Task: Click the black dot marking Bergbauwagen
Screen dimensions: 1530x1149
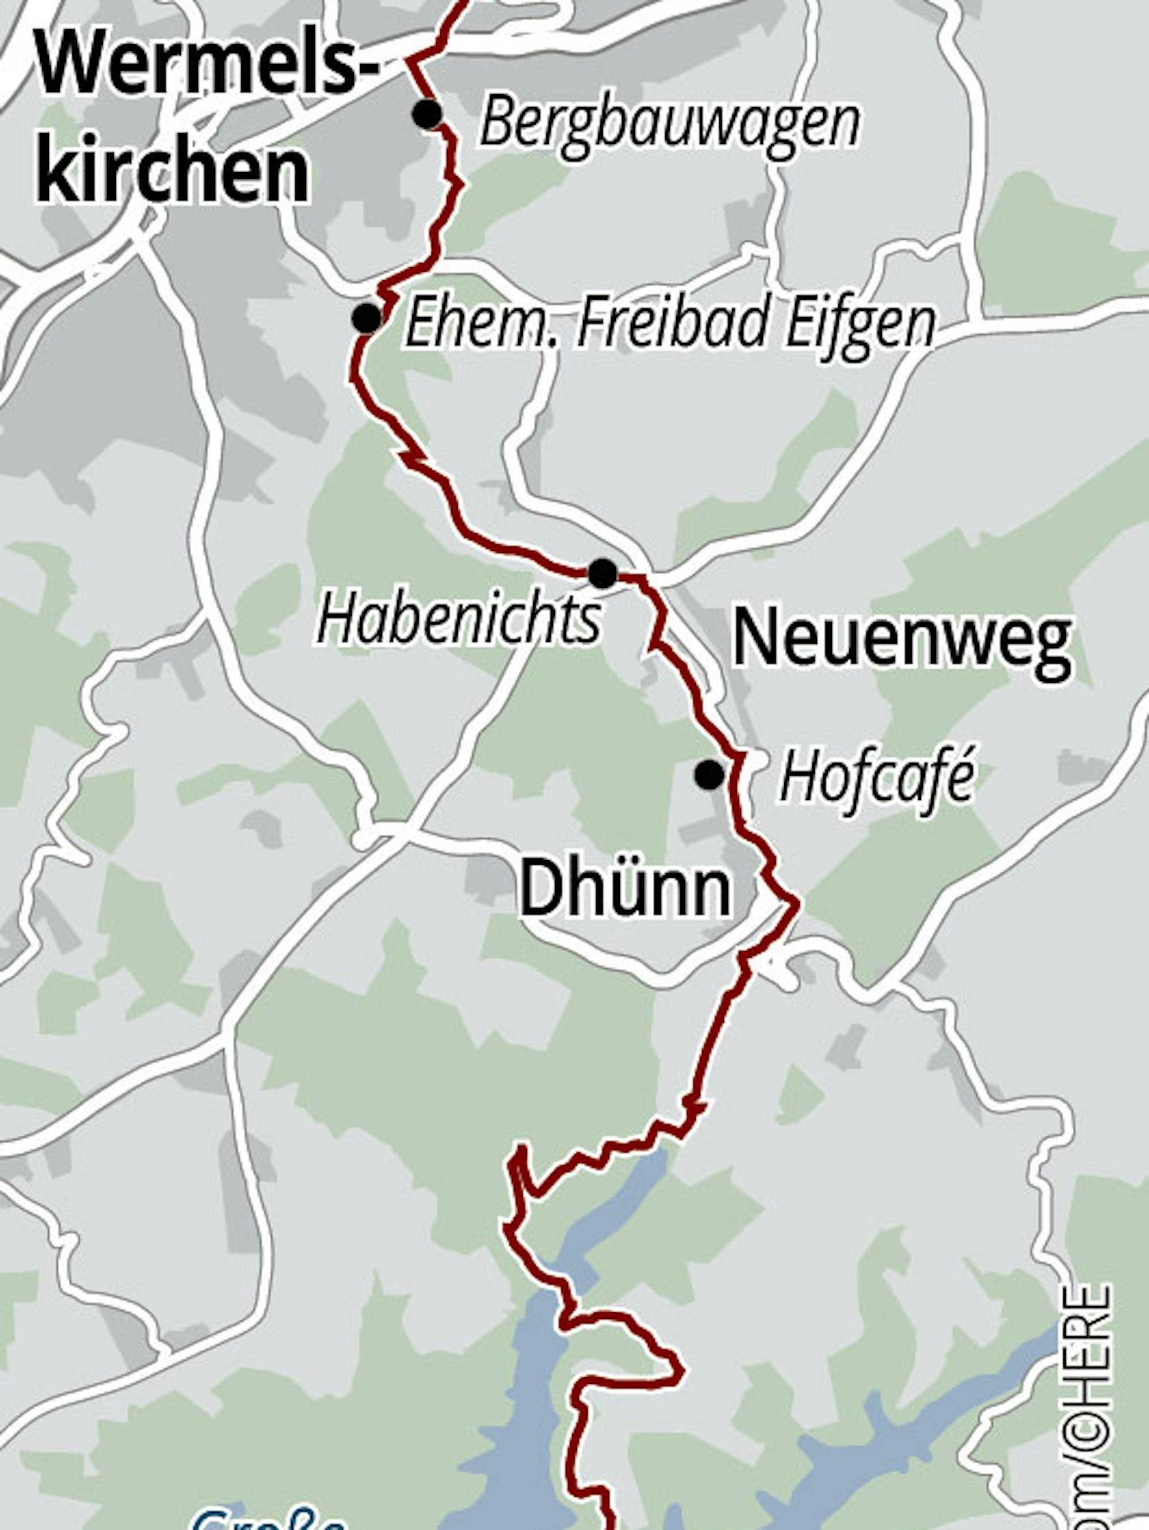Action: coord(427,114)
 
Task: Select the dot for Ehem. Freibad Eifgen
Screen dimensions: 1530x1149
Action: coord(367,318)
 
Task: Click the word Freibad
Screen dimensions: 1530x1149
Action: coord(672,322)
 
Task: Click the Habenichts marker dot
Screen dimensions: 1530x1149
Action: coord(603,573)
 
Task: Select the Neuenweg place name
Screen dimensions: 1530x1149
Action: coord(901,640)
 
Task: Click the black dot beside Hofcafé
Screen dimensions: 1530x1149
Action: coord(709,774)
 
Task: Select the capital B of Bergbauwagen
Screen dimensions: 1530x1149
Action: coord(499,123)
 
